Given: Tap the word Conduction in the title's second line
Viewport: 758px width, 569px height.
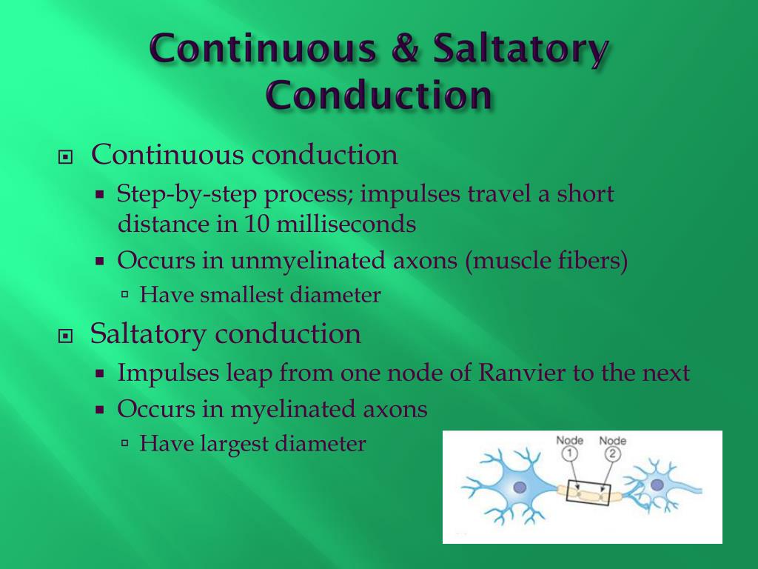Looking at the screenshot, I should pos(378,96).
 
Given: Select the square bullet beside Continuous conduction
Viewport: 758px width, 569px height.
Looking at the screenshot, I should pos(67,158).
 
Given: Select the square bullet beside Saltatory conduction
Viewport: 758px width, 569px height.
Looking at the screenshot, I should pos(67,336).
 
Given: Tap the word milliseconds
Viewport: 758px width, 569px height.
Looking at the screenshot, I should pos(346,224).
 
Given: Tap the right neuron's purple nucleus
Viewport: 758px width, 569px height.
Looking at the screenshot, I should pos(657,485).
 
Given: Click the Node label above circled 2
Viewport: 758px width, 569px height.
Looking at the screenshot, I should pos(612,441).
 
